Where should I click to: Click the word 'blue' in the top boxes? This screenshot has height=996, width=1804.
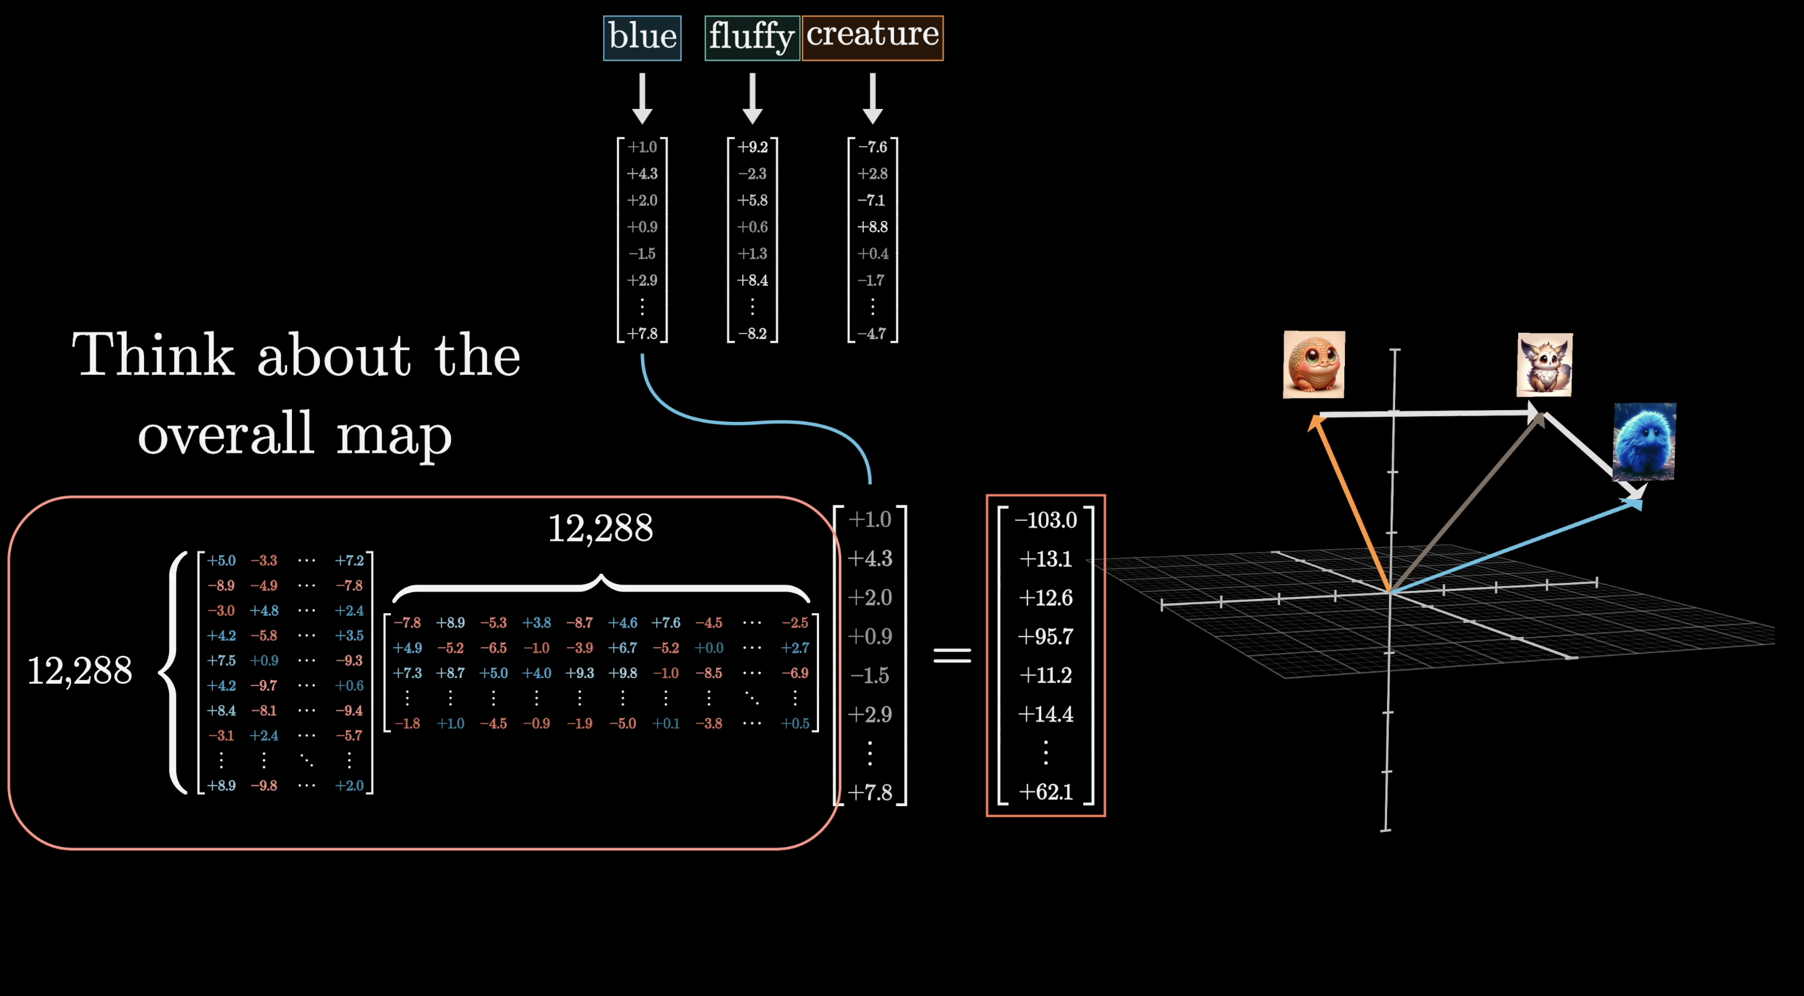642,37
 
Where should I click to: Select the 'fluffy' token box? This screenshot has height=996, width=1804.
752,37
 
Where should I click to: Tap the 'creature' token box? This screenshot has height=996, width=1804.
872,37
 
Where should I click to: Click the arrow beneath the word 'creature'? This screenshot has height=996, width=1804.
872,98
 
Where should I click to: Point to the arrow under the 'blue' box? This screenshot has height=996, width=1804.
642,98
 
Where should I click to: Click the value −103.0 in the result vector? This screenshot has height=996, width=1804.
1046,520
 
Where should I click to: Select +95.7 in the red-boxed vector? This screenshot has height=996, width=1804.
1046,636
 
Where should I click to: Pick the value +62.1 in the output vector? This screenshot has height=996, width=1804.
1046,791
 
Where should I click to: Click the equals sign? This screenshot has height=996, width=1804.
951,655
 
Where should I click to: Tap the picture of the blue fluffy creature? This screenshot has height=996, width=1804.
1644,441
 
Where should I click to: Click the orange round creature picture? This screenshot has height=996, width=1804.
1313,364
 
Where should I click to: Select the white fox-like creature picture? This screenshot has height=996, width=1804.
1544,364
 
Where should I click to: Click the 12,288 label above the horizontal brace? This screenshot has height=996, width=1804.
600,528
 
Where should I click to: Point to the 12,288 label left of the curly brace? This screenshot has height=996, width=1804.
79,671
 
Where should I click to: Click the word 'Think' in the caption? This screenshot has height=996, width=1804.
153,355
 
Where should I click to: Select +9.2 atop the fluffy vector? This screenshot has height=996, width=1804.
752,147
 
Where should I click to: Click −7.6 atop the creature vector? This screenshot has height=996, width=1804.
872,147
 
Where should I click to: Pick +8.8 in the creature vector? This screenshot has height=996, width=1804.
872,227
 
